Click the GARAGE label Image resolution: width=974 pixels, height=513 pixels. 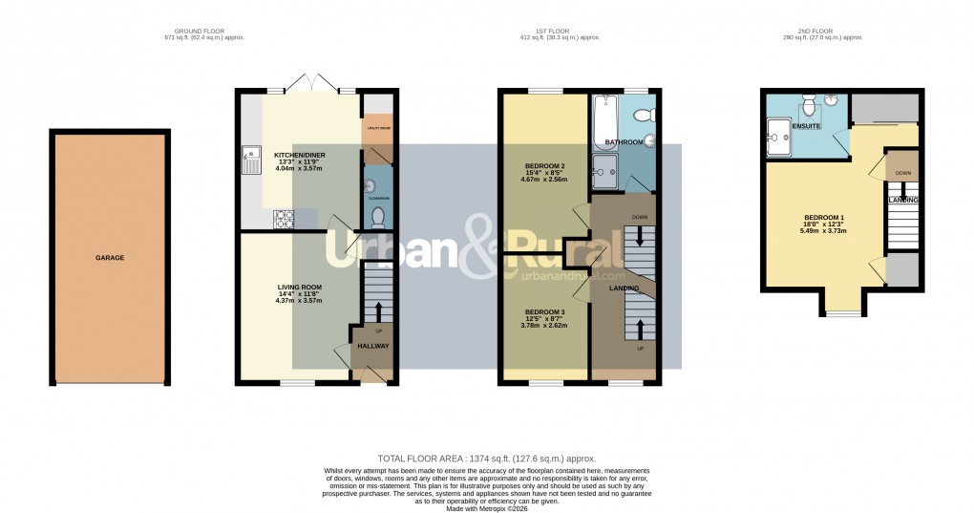tap(109, 257)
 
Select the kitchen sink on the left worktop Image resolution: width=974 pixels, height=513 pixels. tap(253, 160)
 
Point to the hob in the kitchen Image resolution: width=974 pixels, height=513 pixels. tap(285, 220)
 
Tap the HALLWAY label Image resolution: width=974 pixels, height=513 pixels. tap(373, 346)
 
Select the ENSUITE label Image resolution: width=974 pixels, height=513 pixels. tap(778, 124)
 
